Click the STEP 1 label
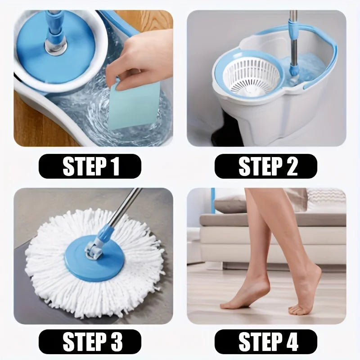tap(90, 166)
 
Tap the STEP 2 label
tap(266, 166)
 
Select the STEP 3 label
tap(90, 342)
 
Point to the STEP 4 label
tap(266, 342)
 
